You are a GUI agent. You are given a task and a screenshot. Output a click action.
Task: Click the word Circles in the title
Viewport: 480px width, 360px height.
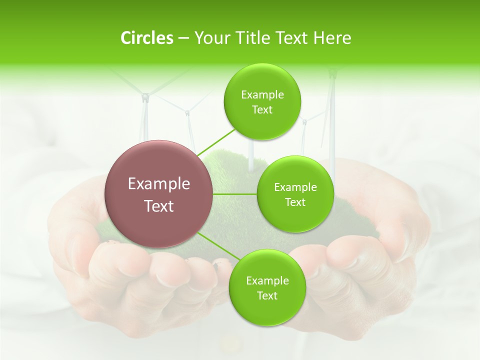[x=147, y=38]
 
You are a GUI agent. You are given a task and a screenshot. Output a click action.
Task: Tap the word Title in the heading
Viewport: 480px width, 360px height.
[x=249, y=38]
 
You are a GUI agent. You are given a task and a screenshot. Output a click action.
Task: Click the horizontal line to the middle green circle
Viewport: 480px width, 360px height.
[x=235, y=194]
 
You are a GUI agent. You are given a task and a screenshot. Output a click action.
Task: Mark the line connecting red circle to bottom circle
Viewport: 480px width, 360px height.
[x=215, y=246]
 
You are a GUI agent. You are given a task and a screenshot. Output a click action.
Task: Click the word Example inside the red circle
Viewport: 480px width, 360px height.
[x=158, y=184]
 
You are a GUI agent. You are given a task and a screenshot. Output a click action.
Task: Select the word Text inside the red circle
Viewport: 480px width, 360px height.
[x=158, y=206]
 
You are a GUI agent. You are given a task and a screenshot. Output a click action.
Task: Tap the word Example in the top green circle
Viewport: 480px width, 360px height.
[x=262, y=95]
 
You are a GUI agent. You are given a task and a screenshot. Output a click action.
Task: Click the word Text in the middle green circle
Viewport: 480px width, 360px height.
[x=295, y=202]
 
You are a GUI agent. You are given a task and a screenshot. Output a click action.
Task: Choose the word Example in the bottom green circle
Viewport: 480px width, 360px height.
[x=267, y=281]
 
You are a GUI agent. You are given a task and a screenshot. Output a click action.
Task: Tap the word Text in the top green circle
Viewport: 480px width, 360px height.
[x=262, y=110]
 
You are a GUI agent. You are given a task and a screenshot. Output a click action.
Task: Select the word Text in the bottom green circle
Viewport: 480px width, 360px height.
[x=267, y=295]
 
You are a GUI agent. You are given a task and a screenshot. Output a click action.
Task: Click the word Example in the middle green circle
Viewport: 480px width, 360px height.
[x=295, y=187]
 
